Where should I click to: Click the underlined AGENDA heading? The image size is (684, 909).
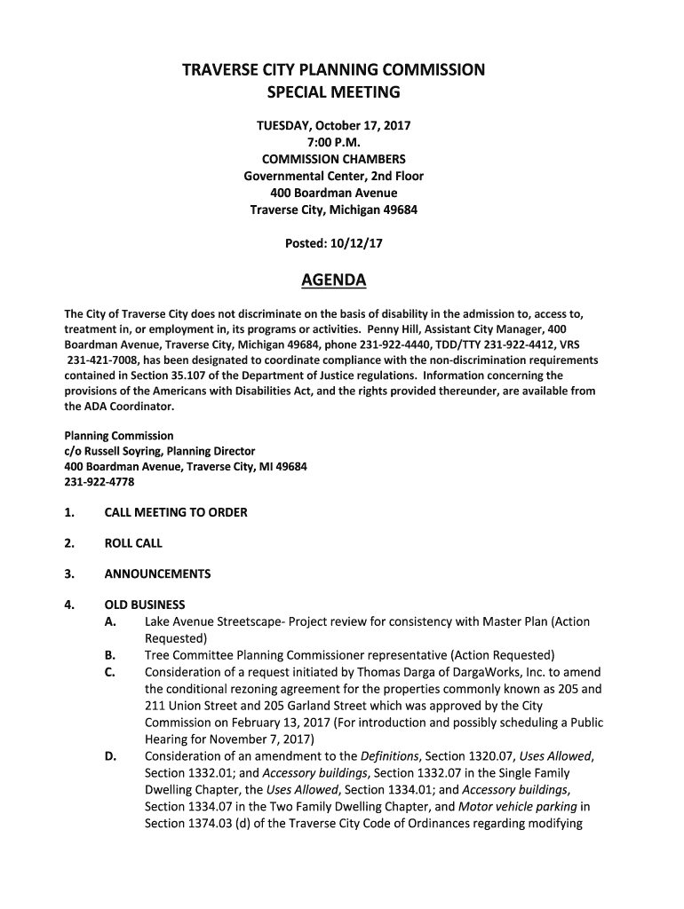coord(333,281)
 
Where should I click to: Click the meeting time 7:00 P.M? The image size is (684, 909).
coord(333,143)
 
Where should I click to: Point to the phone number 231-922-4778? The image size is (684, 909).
coord(100,482)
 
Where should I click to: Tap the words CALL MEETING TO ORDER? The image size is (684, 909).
coord(176,512)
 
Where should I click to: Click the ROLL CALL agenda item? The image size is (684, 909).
coord(133,543)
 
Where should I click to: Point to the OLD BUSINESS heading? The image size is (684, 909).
coord(145,605)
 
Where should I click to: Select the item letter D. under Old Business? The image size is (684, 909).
coord(110,755)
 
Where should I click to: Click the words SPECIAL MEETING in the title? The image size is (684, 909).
coord(333,92)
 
